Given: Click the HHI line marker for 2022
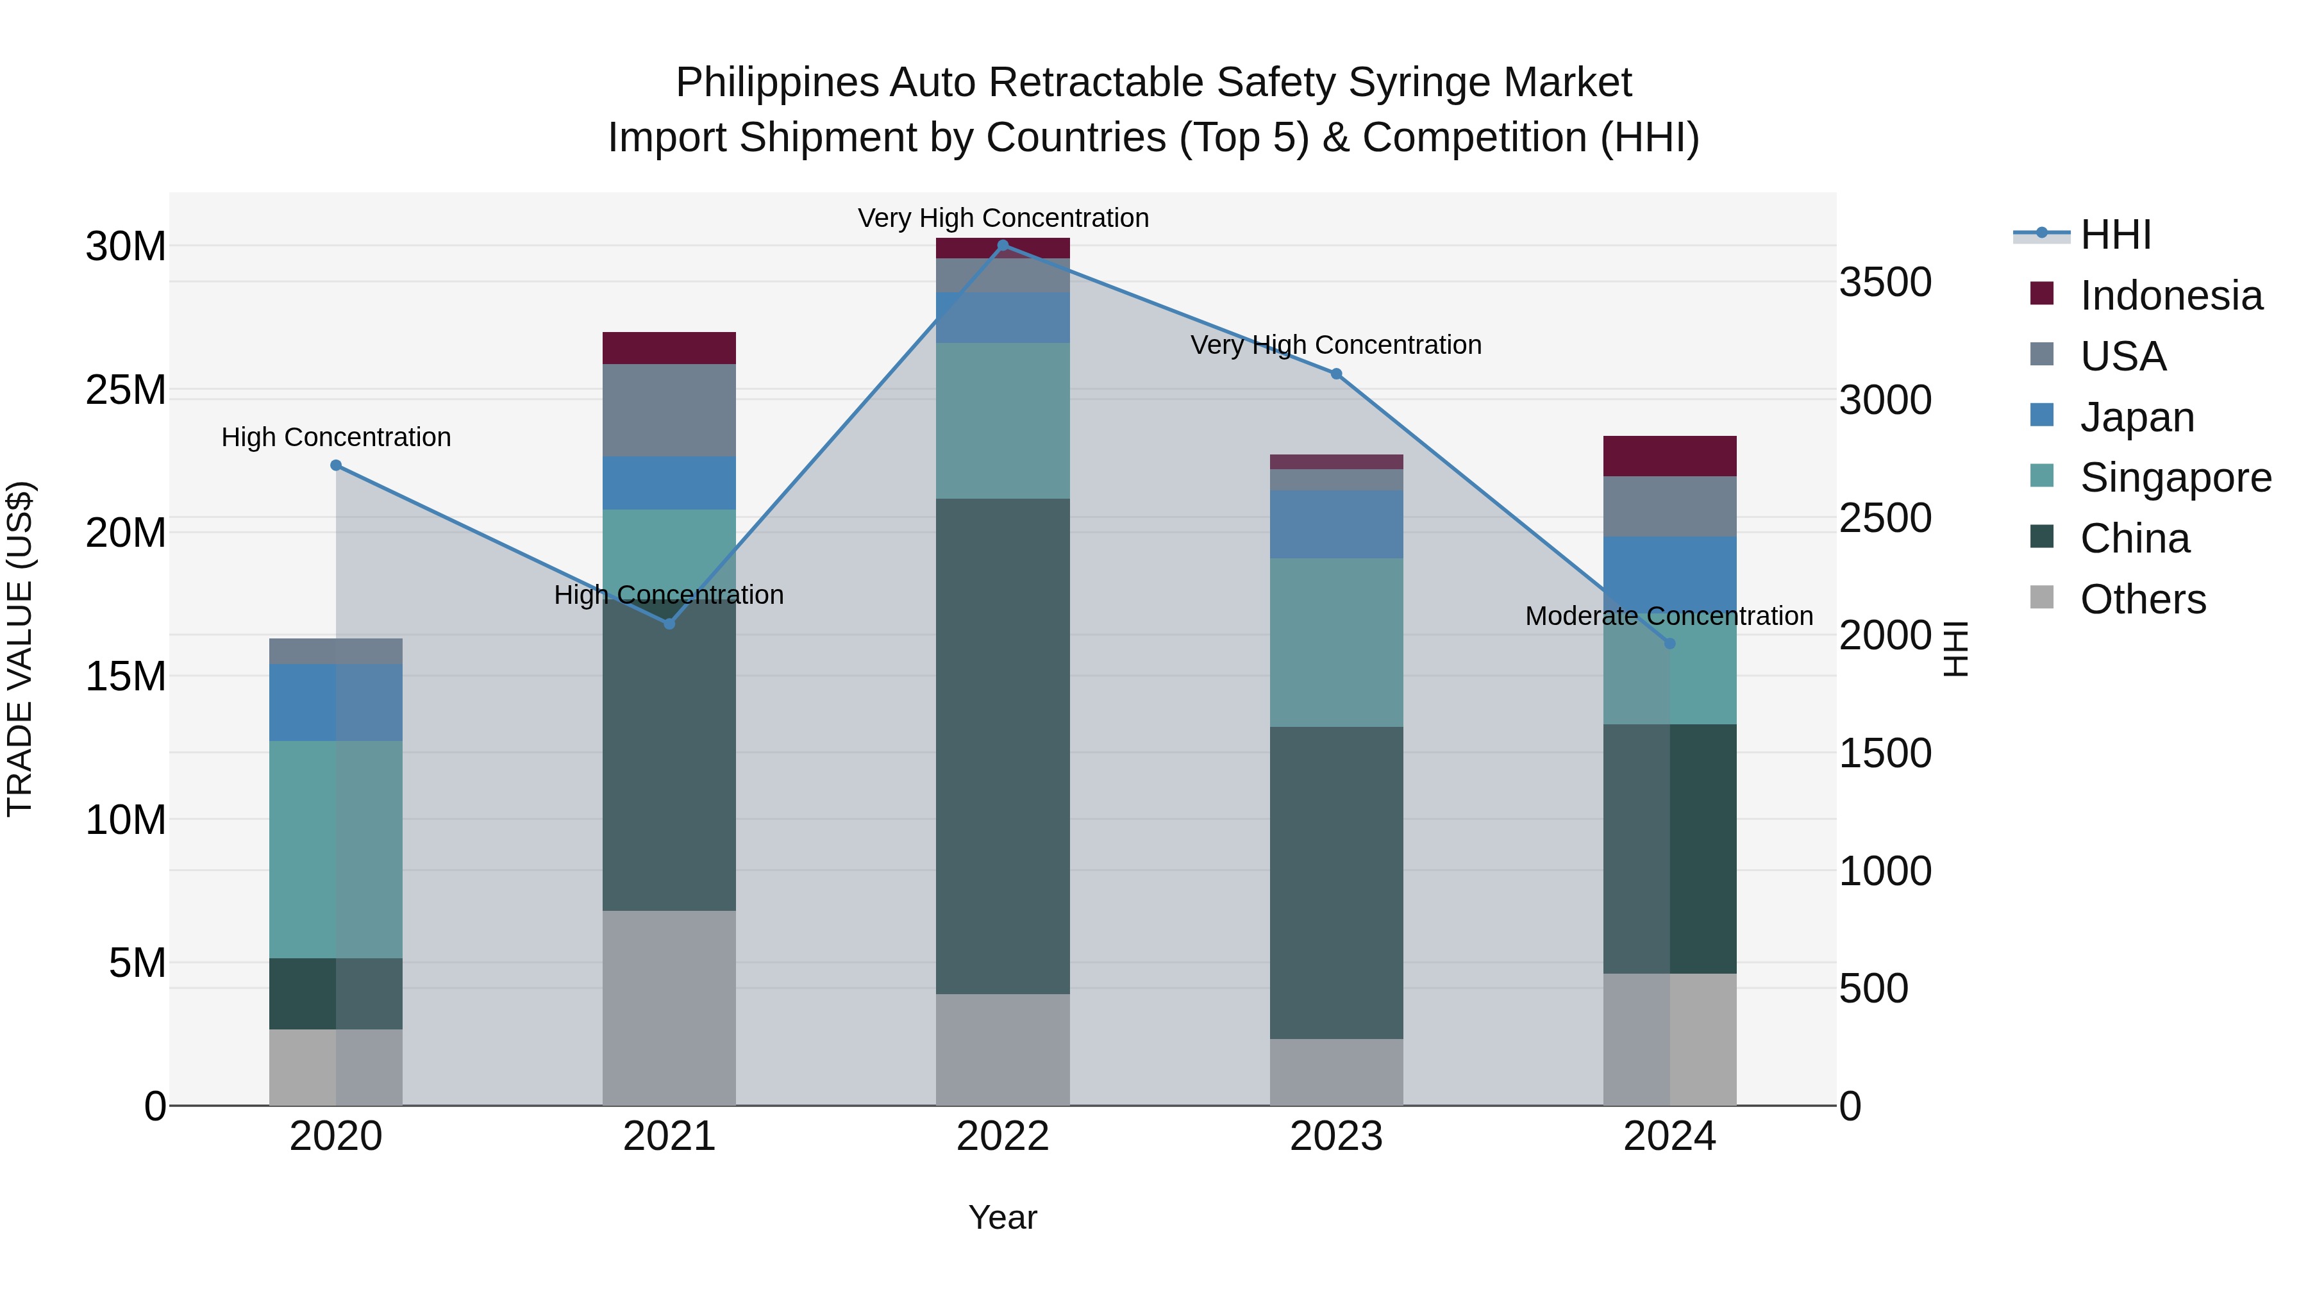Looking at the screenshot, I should [x=1003, y=245].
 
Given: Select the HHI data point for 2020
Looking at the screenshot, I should [x=336, y=465].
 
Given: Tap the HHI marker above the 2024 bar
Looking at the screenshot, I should [x=1669, y=643].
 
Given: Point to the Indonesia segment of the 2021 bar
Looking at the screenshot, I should [x=669, y=347].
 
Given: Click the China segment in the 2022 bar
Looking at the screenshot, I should [x=1003, y=745].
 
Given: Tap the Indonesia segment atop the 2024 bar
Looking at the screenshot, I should [x=1669, y=456].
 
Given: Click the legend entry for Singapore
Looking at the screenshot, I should [x=2175, y=478].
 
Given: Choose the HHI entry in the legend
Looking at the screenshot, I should [x=2114, y=235].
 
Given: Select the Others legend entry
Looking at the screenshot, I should [x=2141, y=599].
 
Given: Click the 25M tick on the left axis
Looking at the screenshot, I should [x=126, y=390].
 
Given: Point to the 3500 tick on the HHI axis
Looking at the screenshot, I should [x=1885, y=282].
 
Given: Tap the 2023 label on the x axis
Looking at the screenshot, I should [x=1336, y=1136].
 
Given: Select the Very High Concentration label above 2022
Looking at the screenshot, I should [x=1003, y=218].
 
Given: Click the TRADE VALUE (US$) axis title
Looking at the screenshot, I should [x=20, y=649].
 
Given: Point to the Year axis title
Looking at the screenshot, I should [x=1003, y=1217].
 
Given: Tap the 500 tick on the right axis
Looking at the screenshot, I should [x=1873, y=989].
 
